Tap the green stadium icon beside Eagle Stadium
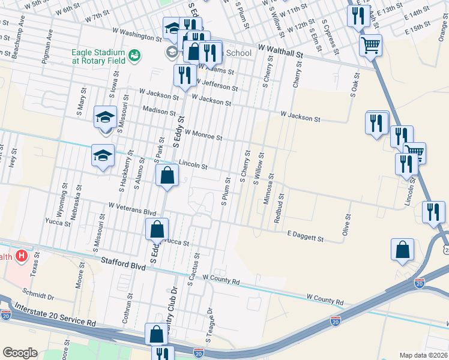134,55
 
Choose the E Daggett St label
306,236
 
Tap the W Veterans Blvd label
132,208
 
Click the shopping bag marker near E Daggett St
402,250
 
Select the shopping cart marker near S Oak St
370,44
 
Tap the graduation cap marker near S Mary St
105,116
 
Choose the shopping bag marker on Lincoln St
167,176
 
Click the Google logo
20,353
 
